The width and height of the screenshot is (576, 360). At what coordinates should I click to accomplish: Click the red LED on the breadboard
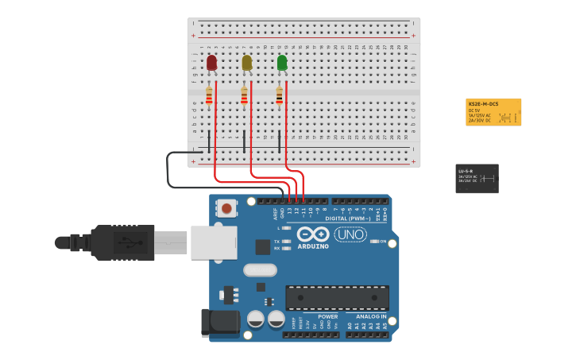[211, 63]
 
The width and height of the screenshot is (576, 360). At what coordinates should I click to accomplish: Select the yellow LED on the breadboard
[246, 63]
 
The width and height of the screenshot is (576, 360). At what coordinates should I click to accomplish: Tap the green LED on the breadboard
[282, 63]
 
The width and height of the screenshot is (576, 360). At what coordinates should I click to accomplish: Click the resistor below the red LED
[209, 96]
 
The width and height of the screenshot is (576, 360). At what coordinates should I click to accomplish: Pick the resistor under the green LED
[279, 96]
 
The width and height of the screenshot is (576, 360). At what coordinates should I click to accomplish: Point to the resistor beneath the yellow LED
[244, 96]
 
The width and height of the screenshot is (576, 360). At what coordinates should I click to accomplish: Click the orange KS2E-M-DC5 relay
[493, 112]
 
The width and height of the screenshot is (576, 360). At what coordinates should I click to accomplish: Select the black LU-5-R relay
[477, 178]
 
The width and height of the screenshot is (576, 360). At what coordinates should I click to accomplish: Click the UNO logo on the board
[350, 235]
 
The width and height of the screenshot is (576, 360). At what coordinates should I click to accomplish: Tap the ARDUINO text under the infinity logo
[313, 246]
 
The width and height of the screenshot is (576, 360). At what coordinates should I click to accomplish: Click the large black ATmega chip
[337, 298]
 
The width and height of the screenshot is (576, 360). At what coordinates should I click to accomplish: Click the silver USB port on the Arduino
[213, 242]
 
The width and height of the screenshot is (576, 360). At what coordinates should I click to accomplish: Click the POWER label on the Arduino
[327, 316]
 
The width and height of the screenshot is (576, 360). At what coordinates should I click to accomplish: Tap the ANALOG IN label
[371, 316]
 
